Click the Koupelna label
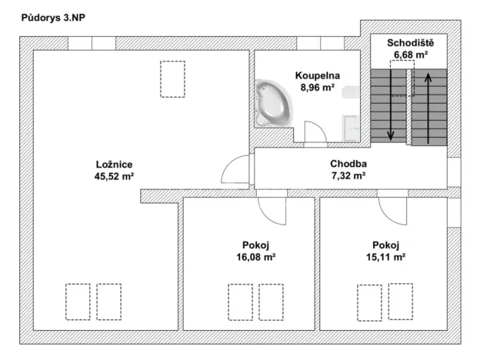tap(317, 75)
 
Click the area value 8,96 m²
tap(317, 87)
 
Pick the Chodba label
tap(348, 163)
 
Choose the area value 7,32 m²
tap(348, 175)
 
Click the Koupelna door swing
tap(316, 133)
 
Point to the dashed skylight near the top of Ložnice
tap(172, 78)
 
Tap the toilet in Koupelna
tap(352, 93)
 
